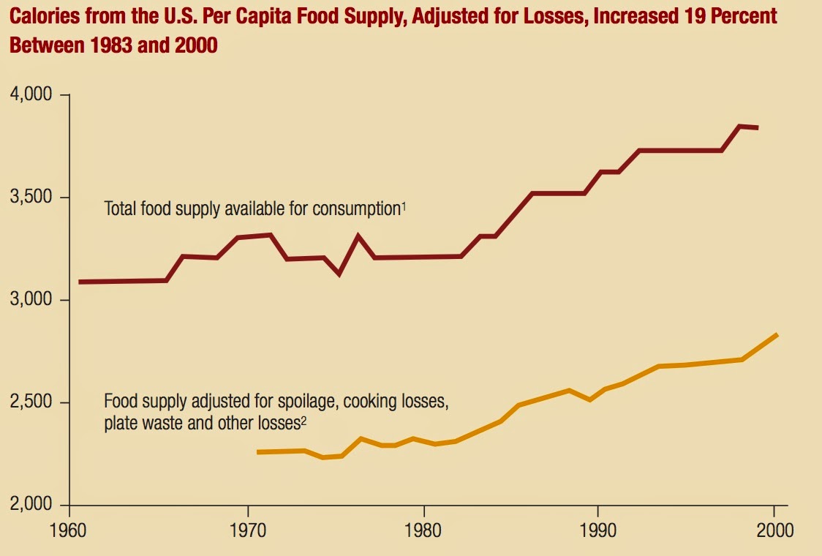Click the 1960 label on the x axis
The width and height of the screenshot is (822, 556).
[69, 530]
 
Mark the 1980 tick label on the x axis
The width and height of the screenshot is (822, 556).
[422, 530]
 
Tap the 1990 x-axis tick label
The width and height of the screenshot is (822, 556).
[598, 530]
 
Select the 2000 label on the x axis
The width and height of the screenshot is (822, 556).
[774, 530]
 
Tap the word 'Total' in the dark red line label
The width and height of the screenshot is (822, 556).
[120, 209]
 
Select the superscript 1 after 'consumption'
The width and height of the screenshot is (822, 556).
[403, 206]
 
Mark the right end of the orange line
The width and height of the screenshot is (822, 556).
[777, 335]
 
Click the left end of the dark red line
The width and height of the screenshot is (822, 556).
[80, 282]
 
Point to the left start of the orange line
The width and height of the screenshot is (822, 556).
[258, 452]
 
